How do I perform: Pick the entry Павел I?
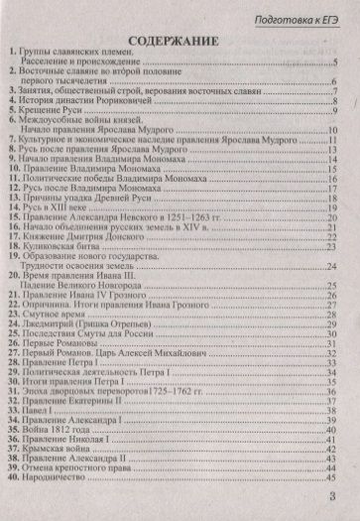tap(41, 403)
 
